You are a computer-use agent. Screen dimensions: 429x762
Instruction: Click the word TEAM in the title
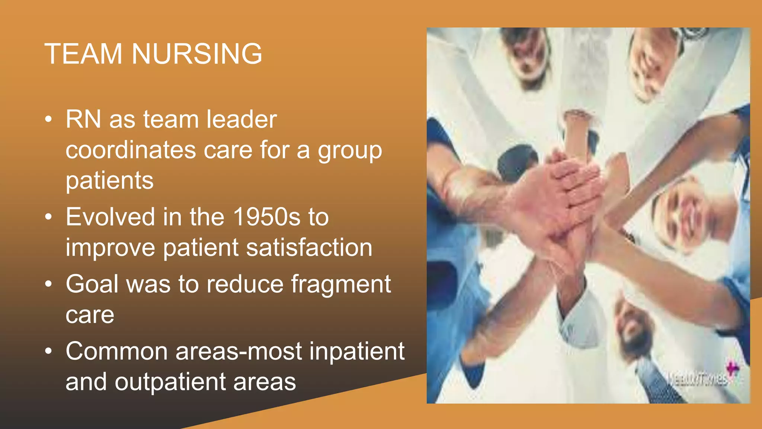pos(83,54)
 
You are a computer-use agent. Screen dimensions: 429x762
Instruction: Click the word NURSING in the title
pos(197,54)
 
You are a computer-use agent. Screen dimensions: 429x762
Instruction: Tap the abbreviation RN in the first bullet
pos(83,120)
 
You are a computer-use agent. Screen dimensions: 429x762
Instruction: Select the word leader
pos(242,120)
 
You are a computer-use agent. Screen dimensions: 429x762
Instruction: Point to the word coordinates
pos(131,150)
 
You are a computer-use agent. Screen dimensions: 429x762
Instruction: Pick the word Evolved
pos(110,217)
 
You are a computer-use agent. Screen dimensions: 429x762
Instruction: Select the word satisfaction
pos(309,248)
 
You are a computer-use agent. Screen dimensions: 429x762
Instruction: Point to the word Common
pos(117,351)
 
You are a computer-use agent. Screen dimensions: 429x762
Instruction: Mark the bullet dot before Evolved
pos(48,217)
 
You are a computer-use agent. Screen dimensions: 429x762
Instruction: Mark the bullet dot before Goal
pos(48,284)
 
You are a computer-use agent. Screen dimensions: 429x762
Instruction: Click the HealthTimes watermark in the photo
pos(697,379)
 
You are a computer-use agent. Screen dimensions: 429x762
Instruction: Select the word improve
pos(110,248)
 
